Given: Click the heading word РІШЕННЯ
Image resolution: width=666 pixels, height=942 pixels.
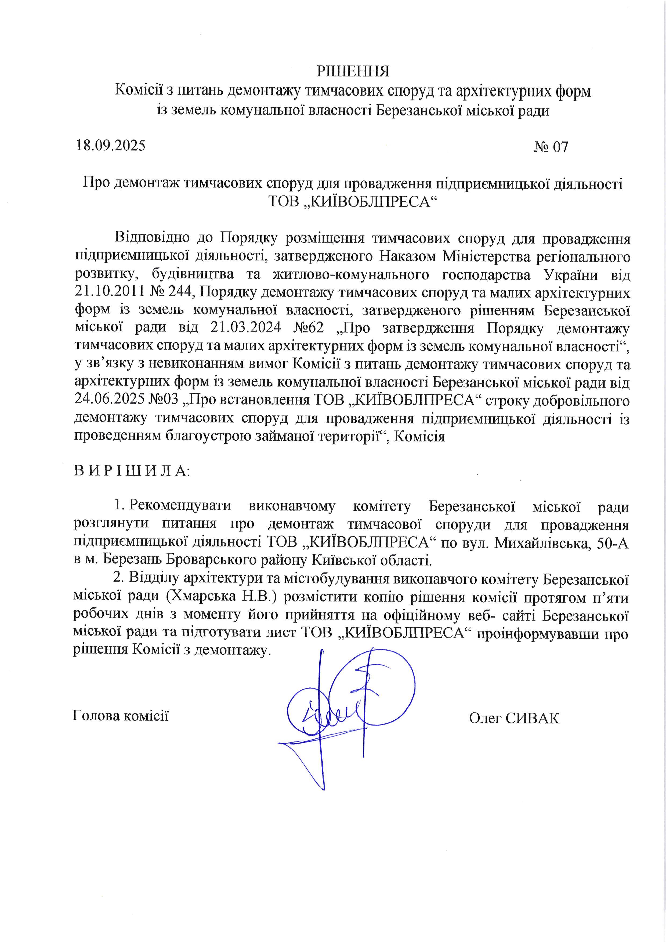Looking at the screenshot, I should pos(353,72).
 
